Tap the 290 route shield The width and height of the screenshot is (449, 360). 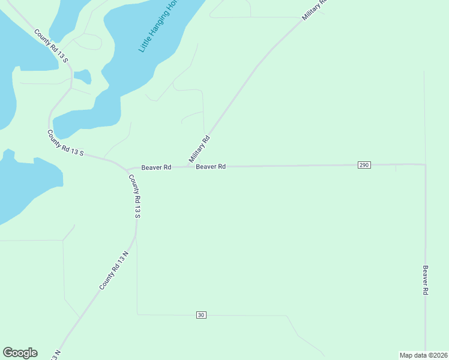pos(364,165)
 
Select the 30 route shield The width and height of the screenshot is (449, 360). pos(201,315)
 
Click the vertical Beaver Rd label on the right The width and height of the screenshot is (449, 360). pos(425,280)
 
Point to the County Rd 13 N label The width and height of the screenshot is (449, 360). pos(114,271)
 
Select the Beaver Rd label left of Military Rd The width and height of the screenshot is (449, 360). pos(157,167)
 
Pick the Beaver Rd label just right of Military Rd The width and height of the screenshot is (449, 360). pos(211,167)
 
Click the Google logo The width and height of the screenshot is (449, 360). pos(20,353)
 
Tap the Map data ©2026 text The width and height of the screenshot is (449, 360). pos(423,355)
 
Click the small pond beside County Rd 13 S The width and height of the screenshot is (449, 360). pos(83,77)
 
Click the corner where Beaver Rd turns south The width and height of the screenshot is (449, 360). pos(425,164)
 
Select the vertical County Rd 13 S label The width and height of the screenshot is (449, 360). pos(137,196)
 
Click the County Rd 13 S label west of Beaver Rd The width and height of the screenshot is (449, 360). pos(65,143)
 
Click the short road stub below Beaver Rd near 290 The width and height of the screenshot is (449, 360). pos(396,169)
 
